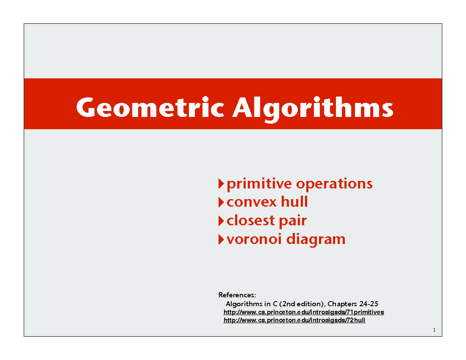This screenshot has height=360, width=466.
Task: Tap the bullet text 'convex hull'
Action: (267, 202)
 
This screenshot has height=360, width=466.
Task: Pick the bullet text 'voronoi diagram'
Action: (286, 239)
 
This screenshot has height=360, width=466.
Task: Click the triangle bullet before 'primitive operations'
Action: (221, 183)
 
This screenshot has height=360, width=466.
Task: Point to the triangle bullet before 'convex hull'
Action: (221, 202)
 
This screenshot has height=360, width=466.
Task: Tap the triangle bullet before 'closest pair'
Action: (221, 221)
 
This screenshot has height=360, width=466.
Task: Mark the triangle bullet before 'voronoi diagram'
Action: (221, 239)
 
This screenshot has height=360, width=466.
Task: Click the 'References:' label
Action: (238, 295)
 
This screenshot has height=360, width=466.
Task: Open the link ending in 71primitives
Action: (304, 312)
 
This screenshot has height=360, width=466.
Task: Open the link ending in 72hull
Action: (294, 320)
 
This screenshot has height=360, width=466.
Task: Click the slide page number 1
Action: (435, 330)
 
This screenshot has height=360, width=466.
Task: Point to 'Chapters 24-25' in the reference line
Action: (356, 304)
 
